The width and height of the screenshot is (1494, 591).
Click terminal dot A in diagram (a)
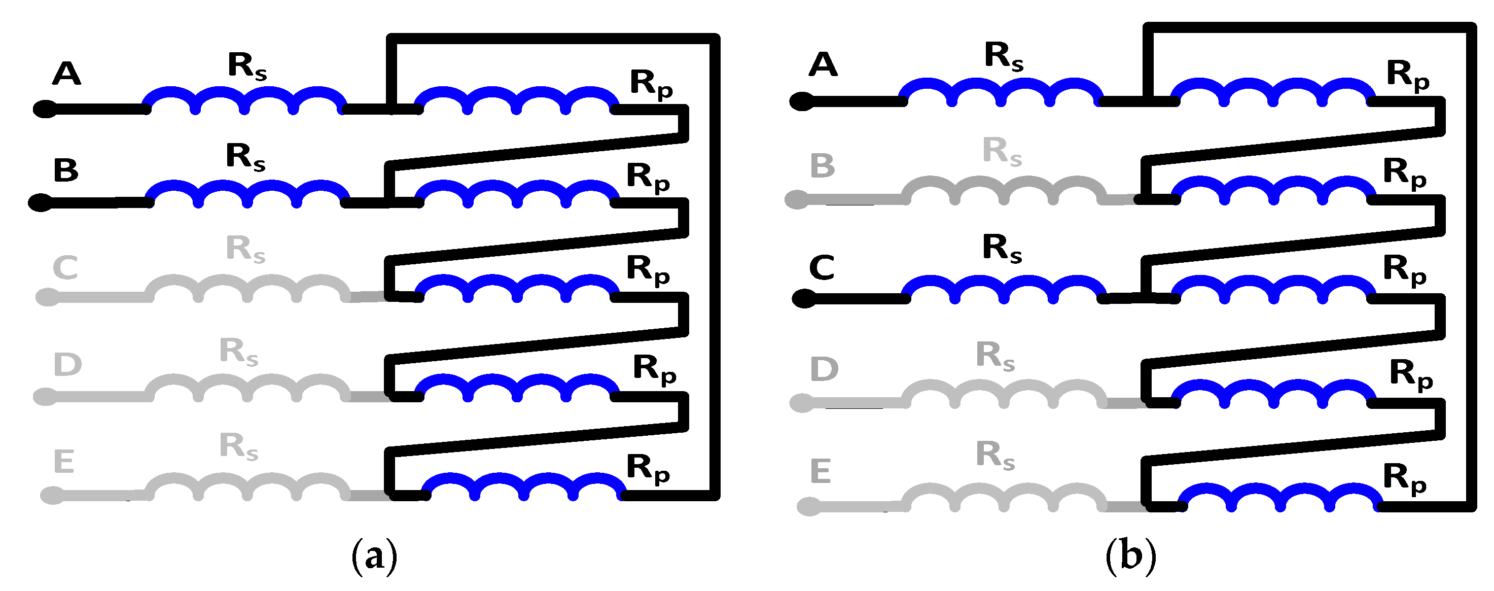coord(45,109)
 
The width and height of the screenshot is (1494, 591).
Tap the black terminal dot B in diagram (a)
coord(41,202)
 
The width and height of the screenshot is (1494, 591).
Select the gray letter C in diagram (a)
coord(65,267)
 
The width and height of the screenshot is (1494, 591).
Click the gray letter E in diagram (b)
coord(820,470)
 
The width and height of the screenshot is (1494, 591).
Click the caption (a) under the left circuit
coord(375,555)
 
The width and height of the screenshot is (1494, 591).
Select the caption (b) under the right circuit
coord(1130,555)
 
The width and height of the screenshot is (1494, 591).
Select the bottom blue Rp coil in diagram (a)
coord(523,486)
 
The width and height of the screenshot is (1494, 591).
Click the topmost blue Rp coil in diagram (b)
coord(1273,91)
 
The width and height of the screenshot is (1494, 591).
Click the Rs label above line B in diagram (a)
coord(246,157)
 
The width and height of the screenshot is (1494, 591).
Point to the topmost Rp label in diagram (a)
coord(651,84)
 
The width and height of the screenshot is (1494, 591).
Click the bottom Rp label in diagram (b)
coord(1404,478)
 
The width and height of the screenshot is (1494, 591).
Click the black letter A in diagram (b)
coord(823,64)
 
